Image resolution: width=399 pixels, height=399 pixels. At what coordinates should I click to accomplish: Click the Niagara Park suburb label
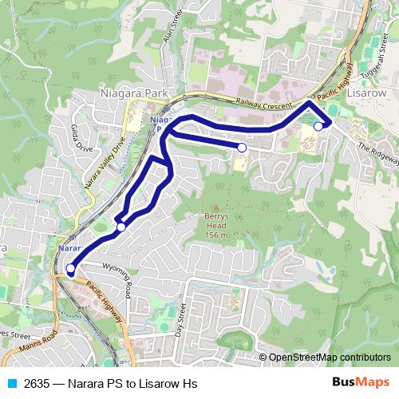click(135, 93)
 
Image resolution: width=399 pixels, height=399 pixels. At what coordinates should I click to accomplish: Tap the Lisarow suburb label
click(370, 93)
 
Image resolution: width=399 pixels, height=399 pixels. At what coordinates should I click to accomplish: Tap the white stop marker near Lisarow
click(318, 126)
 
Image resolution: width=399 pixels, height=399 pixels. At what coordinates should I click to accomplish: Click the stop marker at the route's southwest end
click(70, 269)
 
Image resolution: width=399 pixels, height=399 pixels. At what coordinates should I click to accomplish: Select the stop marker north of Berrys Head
click(242, 147)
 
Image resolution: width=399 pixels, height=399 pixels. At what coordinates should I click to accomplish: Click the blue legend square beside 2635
click(11, 383)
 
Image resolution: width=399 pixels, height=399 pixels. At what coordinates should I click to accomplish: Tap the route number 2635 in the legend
click(36, 383)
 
